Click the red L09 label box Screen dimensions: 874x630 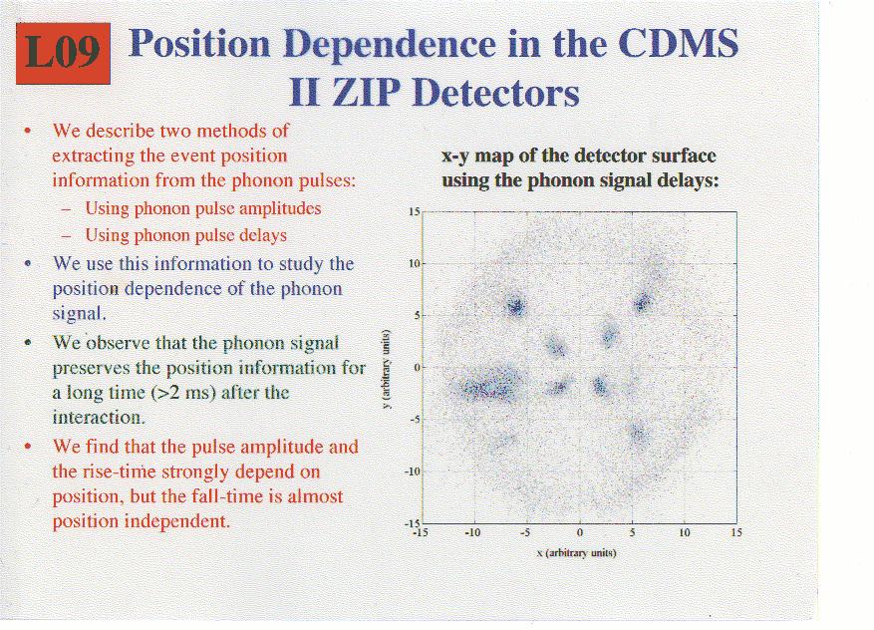pyautogui.click(x=63, y=54)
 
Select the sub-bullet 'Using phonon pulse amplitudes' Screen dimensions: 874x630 pyautogui.click(x=203, y=208)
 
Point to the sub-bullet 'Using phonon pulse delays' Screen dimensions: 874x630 pyautogui.click(x=185, y=235)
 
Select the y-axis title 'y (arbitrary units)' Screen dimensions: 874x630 pyautogui.click(x=385, y=369)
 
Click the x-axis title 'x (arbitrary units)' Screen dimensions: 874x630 pyautogui.click(x=576, y=553)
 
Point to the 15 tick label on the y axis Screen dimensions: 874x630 pyautogui.click(x=415, y=212)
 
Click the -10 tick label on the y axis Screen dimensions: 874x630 pyautogui.click(x=412, y=472)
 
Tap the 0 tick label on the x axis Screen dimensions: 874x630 pyautogui.click(x=580, y=533)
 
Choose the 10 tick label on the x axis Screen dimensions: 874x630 pyautogui.click(x=684, y=533)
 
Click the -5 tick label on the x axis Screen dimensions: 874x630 pyautogui.click(x=525, y=533)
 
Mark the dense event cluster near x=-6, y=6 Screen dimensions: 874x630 pyautogui.click(x=516, y=305)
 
